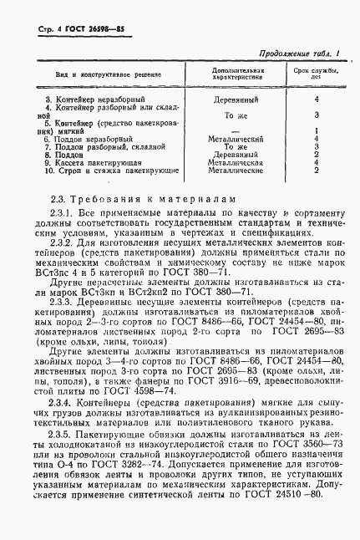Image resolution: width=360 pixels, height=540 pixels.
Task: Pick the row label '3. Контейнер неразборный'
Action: coord(76,99)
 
